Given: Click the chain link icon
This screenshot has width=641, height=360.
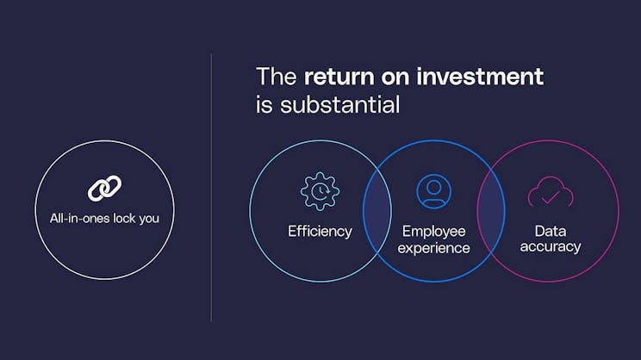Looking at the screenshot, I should click(104, 188).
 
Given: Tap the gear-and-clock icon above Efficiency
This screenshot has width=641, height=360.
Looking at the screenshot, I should click(320, 191).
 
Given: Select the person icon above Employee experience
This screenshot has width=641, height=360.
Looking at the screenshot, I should click(433, 191).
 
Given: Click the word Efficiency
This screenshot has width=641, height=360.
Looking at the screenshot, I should click(320, 231).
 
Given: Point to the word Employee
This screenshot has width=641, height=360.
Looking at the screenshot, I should click(433, 231).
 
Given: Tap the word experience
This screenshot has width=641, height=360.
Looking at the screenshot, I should click(435, 248).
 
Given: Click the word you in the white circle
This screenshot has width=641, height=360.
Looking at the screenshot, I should click(149, 219).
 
